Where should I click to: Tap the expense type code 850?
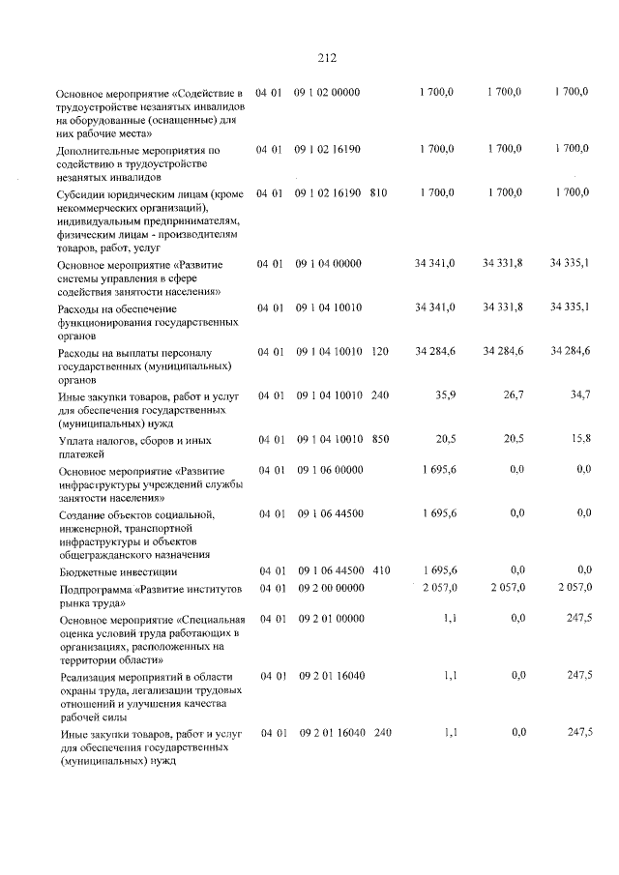tap(380, 439)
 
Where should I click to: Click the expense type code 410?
tap(381, 571)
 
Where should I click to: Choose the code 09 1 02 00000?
tap(327, 92)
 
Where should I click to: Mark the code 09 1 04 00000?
tap(329, 262)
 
